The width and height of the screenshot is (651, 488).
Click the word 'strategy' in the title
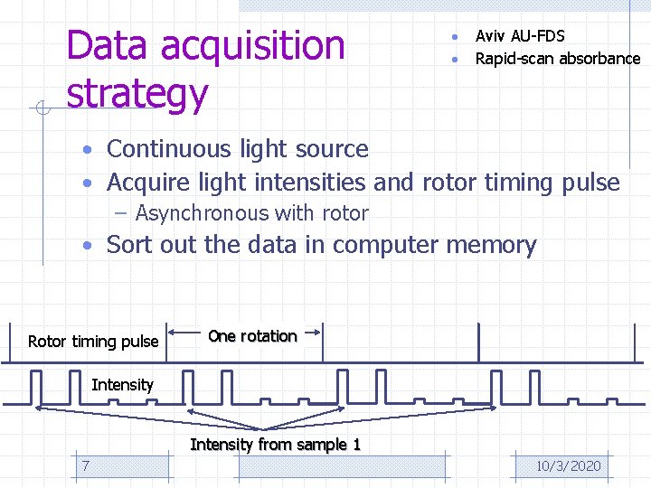click(x=137, y=94)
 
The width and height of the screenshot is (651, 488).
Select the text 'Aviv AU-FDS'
click(x=520, y=36)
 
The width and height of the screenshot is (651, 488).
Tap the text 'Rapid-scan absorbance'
click(x=558, y=59)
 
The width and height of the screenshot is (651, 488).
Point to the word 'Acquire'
click(x=149, y=183)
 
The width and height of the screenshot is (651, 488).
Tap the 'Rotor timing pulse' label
click(x=93, y=342)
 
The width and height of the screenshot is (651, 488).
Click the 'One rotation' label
click(x=252, y=336)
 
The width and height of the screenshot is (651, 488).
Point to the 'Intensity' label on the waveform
click(x=122, y=385)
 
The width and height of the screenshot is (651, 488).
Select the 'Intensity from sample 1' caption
click(x=275, y=445)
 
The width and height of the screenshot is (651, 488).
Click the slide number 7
click(x=85, y=465)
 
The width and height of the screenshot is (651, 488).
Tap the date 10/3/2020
click(x=568, y=465)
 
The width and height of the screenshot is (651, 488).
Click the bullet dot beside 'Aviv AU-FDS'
click(x=457, y=37)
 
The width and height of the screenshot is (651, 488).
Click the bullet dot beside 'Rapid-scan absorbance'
click(x=457, y=60)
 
